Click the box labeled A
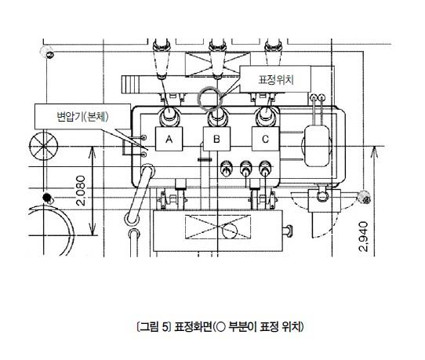click(x=169, y=139)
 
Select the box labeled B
click(x=216, y=139)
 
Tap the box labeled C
click(x=265, y=139)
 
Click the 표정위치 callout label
click(x=275, y=79)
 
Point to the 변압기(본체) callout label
click(x=82, y=117)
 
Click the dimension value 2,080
click(x=81, y=191)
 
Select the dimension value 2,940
click(x=363, y=237)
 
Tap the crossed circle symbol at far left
click(x=43, y=146)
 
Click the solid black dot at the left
click(x=47, y=198)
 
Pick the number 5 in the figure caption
click(x=165, y=327)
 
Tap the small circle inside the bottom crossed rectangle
click(x=230, y=231)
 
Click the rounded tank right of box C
click(x=317, y=146)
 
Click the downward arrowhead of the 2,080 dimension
click(x=93, y=230)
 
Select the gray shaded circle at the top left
click(x=46, y=51)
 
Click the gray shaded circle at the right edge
click(x=364, y=197)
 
